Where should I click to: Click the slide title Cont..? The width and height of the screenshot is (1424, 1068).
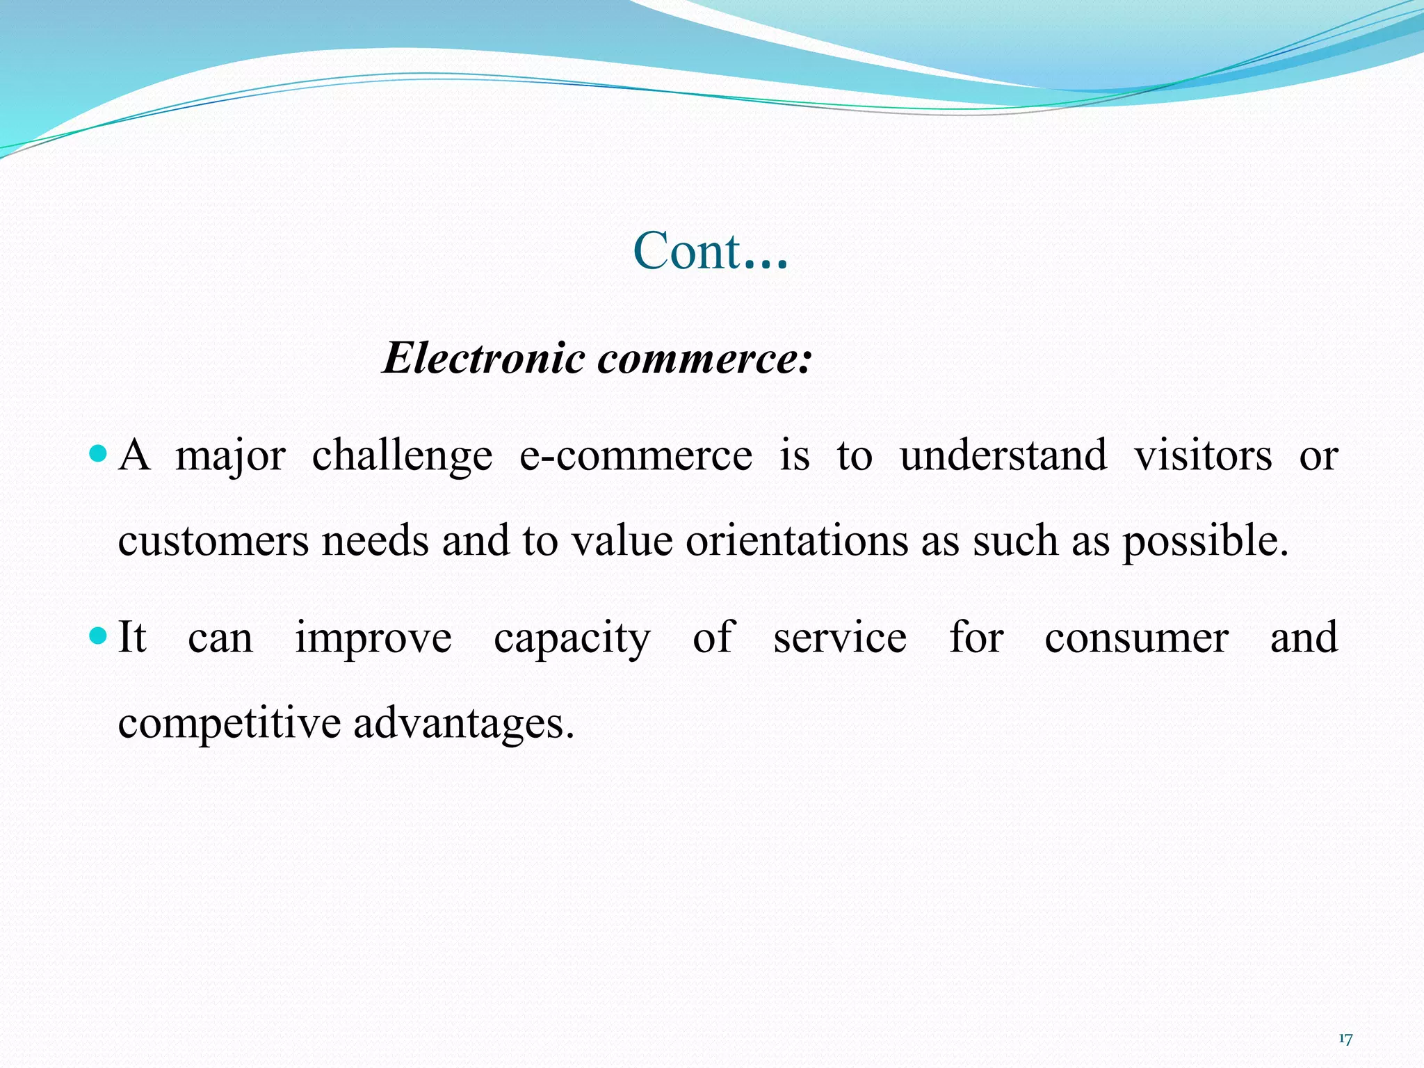(710, 251)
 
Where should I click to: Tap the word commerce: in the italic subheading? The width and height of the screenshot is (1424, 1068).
(704, 359)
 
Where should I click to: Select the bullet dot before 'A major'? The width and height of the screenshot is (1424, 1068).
(99, 455)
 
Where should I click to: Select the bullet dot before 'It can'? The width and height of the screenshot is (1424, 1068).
(99, 636)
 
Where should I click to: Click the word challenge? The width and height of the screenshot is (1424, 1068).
(402, 457)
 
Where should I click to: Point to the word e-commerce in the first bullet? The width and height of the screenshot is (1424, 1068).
(636, 457)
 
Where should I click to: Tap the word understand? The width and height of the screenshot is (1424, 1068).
(1003, 457)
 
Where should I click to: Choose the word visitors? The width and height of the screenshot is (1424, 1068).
(1203, 457)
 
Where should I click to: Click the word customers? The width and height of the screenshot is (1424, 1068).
(213, 542)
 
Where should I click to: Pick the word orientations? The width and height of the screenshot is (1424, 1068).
(797, 542)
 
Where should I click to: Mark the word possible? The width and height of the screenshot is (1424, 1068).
(1205, 543)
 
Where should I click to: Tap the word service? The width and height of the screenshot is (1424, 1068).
(840, 638)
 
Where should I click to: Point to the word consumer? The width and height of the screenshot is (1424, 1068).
(1136, 638)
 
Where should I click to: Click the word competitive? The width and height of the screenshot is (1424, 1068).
(229, 724)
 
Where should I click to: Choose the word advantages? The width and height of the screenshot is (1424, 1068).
(464, 724)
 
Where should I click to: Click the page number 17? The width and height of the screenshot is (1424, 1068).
(1345, 1039)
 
